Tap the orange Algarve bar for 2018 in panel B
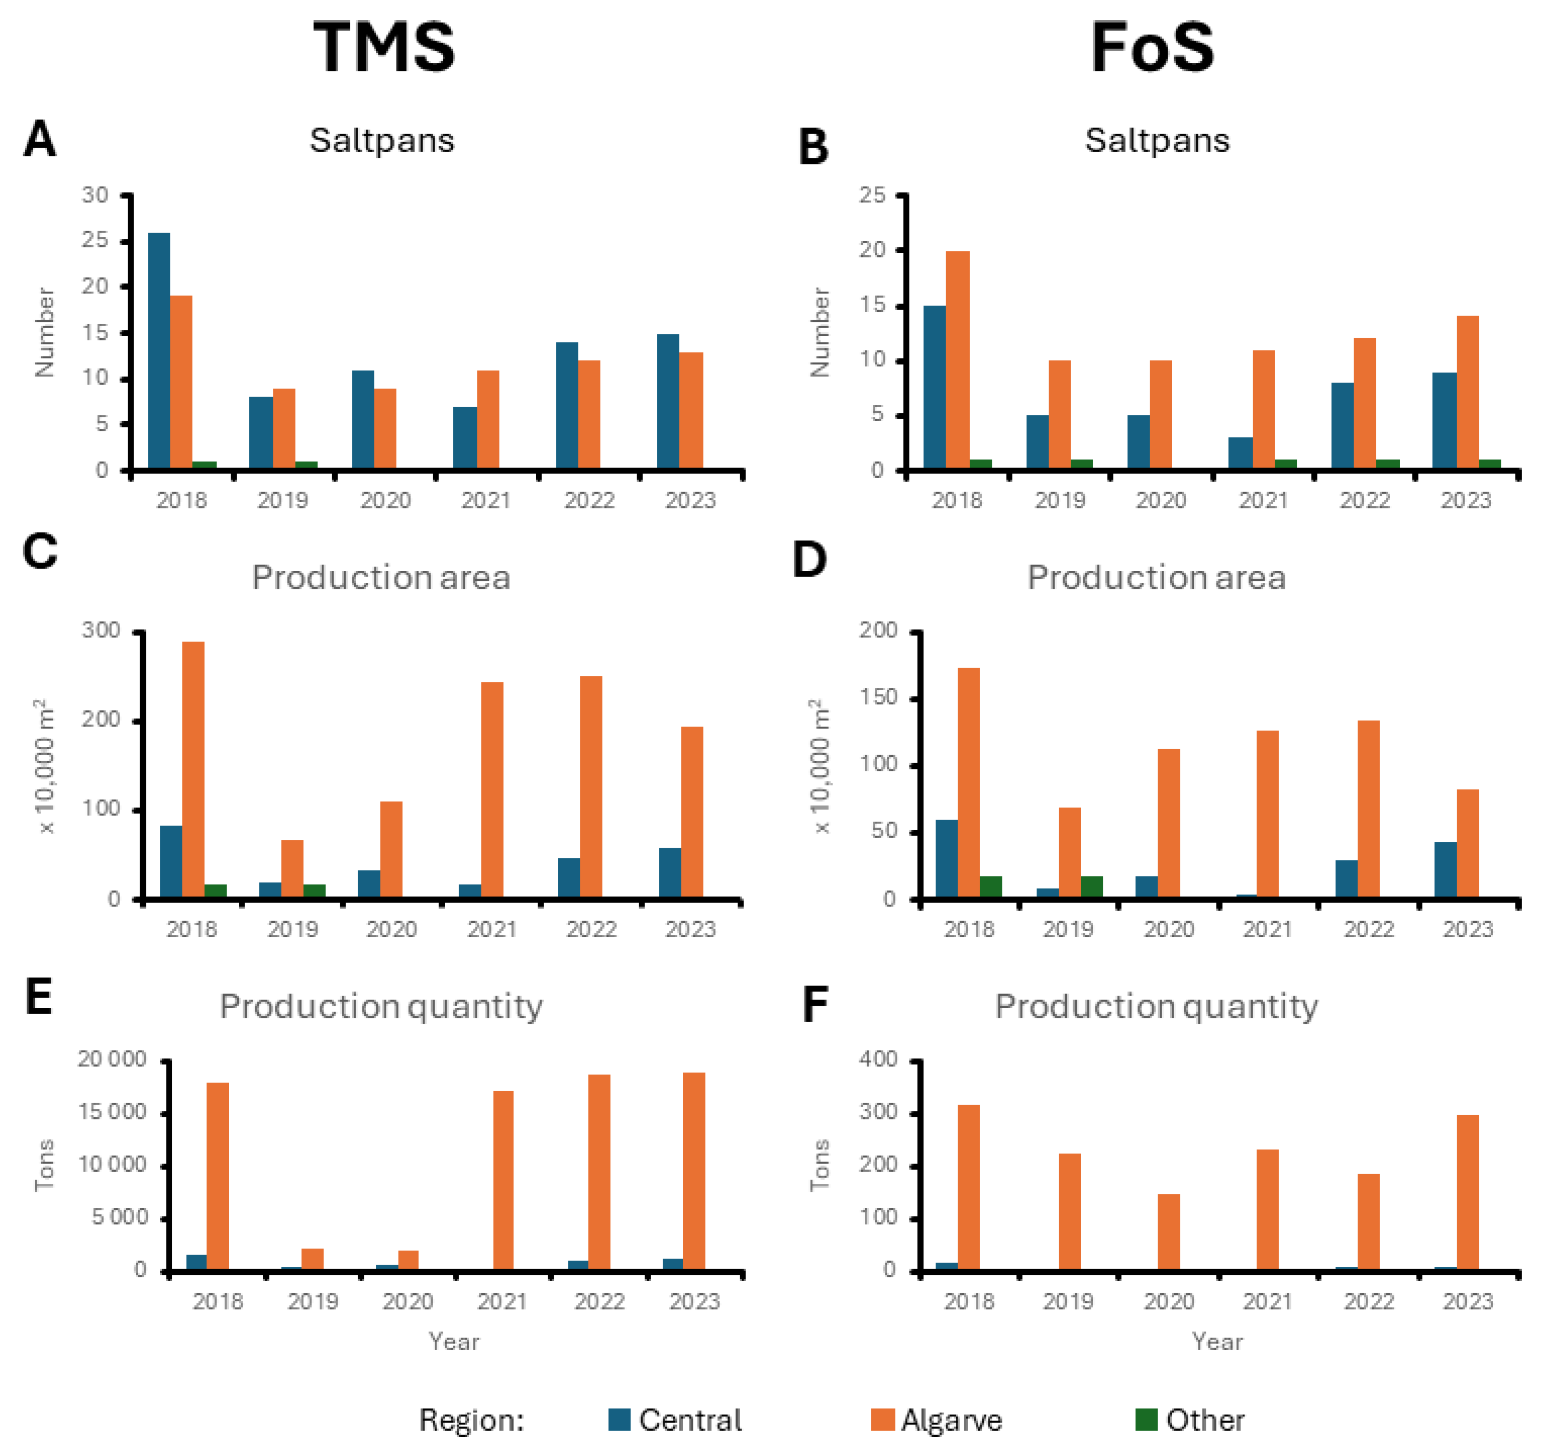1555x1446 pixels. tap(957, 360)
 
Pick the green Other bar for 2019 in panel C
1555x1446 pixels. tap(314, 891)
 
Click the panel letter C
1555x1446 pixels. tap(40, 552)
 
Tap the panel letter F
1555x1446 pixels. tap(815, 1005)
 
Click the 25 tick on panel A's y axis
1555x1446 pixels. tap(96, 240)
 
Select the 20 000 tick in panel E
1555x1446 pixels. tap(112, 1060)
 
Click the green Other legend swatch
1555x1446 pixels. tap(1146, 1420)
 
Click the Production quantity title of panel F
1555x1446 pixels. tap(1156, 1006)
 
